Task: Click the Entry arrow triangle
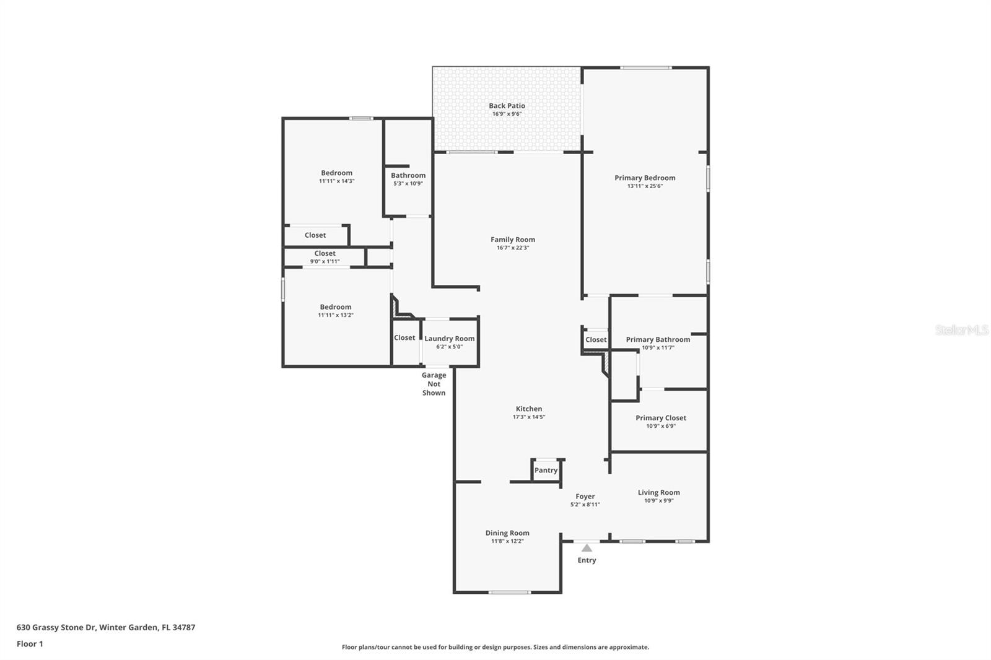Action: tap(587, 548)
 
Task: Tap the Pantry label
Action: tap(546, 470)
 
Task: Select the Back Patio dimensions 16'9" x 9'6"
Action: tap(507, 114)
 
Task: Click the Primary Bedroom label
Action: tap(645, 178)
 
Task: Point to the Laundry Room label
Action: tap(450, 339)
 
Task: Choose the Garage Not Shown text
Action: tap(434, 384)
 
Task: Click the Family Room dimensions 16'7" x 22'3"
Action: tap(513, 248)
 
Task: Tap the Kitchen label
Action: tap(529, 409)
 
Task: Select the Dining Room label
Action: tap(507, 533)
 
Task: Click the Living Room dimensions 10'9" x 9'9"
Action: tap(659, 501)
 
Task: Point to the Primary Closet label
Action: tap(661, 418)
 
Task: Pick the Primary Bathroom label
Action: tap(658, 340)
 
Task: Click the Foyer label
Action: tap(585, 497)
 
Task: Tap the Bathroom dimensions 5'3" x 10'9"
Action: tap(408, 184)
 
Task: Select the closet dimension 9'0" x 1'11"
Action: tap(325, 261)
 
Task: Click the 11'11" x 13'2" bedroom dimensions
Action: tap(336, 315)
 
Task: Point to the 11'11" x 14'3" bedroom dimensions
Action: tap(337, 181)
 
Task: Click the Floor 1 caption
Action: tap(30, 644)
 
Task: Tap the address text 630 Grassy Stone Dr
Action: tap(56, 627)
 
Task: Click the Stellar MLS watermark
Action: tap(961, 330)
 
